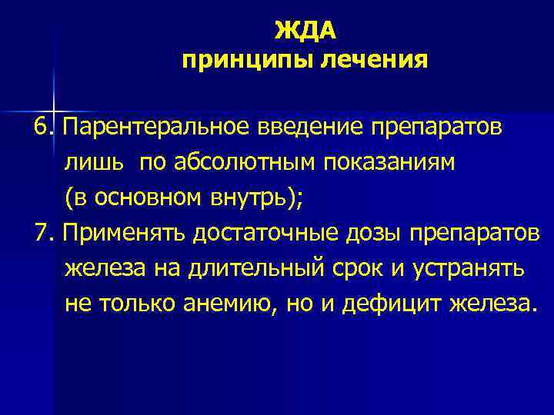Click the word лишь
90,162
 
